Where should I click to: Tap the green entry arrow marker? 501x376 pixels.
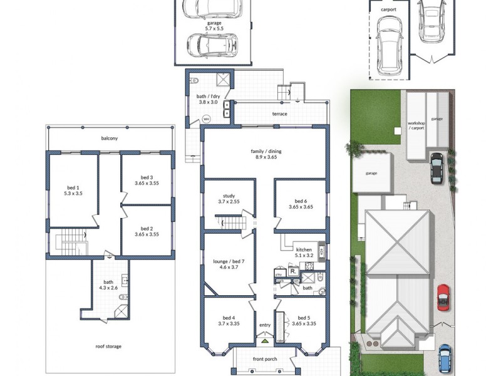click(264, 342)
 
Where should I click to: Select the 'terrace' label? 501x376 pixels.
click(279, 114)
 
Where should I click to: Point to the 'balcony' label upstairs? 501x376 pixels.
click(110, 138)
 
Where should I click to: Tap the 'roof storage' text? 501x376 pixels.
click(109, 347)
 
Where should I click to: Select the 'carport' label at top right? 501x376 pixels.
click(388, 9)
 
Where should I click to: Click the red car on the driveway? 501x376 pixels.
click(443, 296)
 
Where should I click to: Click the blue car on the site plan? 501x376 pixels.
click(444, 357)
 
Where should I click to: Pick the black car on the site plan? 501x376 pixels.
click(436, 169)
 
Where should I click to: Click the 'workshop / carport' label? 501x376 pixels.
click(416, 125)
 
